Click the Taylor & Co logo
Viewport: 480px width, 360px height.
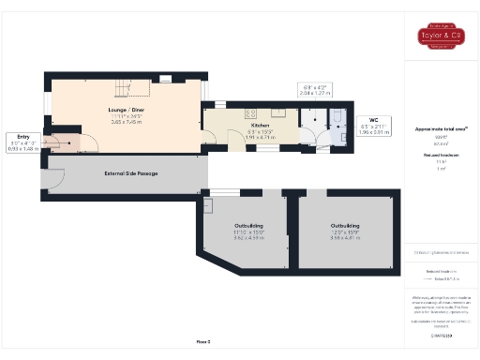point(441,38)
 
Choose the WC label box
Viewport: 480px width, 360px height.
point(372,127)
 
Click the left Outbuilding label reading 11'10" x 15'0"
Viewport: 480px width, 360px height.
point(248,232)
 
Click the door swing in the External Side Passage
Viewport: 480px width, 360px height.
point(53,176)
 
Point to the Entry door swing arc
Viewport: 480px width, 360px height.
point(86,142)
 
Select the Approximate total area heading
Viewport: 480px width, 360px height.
point(441,128)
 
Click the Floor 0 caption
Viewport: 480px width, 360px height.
point(202,341)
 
